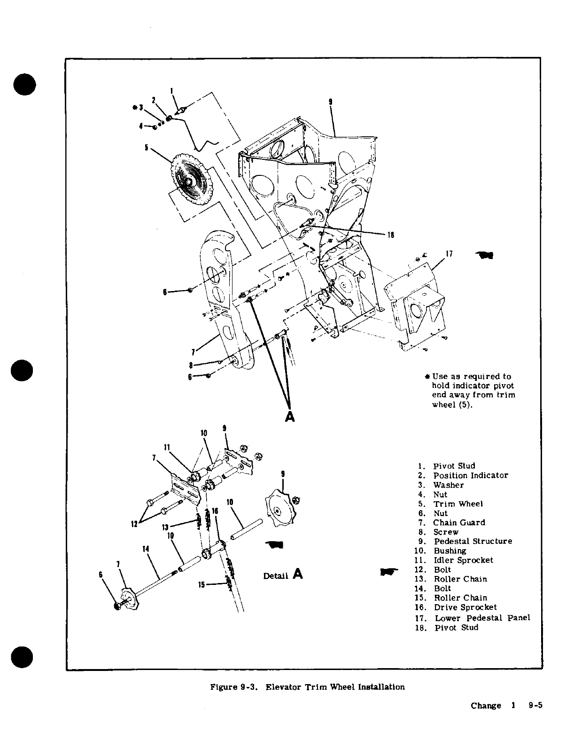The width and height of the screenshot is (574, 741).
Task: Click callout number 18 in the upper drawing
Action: coord(390,236)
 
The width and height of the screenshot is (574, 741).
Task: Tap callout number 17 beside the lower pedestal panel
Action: coord(449,254)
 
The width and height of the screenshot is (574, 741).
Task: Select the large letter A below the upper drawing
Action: coord(290,417)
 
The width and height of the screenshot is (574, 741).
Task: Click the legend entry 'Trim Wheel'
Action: coord(458,504)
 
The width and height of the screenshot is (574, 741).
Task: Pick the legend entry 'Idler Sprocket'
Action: coord(463,560)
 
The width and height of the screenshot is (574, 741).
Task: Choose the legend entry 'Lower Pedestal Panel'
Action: coord(482,618)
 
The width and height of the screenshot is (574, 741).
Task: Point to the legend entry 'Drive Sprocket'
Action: coord(465,607)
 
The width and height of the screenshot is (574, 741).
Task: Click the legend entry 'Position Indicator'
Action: coord(470,475)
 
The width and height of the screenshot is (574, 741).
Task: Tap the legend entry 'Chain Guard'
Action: coord(458,522)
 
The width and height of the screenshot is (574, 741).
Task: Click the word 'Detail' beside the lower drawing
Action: coord(276,576)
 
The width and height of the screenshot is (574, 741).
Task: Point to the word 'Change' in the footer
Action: coord(486,705)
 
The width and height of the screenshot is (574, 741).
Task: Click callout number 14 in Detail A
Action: coord(146,549)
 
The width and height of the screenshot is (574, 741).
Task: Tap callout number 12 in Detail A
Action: coord(134,523)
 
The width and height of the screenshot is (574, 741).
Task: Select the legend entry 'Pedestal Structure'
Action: coord(472,541)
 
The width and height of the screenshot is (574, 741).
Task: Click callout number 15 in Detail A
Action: coord(201,585)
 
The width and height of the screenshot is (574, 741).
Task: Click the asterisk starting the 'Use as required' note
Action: coord(427,376)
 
